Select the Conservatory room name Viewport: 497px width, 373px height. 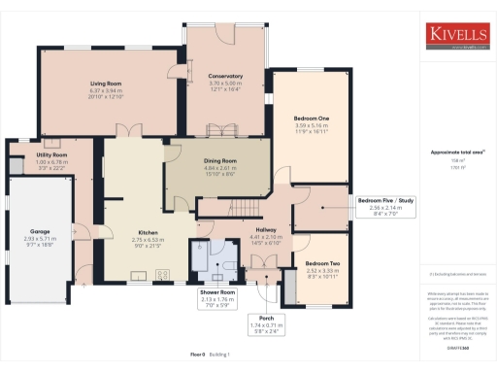tap(225, 76)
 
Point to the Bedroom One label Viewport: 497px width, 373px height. tap(313, 119)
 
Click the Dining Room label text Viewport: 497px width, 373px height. tap(220, 160)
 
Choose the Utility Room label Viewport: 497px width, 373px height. tap(51, 155)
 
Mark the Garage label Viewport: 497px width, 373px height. tap(40, 232)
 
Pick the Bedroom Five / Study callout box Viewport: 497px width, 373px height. tap(385, 205)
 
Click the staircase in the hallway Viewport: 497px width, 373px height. tap(245, 210)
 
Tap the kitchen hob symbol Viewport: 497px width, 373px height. tap(162, 274)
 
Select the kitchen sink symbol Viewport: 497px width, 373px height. tap(138, 275)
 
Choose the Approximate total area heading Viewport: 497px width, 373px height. tap(457, 153)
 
